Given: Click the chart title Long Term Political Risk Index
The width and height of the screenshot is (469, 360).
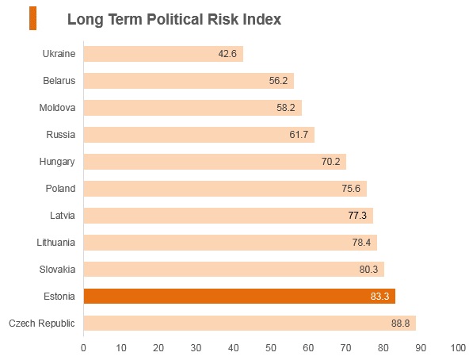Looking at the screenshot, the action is (x=174, y=20).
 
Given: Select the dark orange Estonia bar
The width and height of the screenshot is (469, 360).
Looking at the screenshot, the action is (x=239, y=297).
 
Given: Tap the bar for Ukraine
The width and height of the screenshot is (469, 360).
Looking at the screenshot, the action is (x=163, y=54).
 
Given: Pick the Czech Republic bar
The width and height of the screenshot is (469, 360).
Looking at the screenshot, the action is (x=250, y=324).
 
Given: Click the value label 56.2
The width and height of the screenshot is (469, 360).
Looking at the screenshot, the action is (x=278, y=81).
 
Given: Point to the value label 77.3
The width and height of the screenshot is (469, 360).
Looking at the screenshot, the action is (x=357, y=216).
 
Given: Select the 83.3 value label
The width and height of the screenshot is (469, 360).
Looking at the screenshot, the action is (x=379, y=297).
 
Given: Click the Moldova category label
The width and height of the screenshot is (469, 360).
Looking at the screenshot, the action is (x=57, y=108).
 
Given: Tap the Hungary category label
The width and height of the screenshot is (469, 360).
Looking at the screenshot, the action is (x=57, y=162).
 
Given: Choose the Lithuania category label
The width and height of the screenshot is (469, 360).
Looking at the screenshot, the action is (x=55, y=243).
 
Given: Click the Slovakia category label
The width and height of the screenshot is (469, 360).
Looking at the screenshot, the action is (x=57, y=270).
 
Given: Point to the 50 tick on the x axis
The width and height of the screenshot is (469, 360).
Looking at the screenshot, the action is (x=271, y=348).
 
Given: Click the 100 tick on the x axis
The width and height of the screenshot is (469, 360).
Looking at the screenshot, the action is (x=458, y=348).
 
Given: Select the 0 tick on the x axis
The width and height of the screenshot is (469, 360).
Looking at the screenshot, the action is (x=83, y=348).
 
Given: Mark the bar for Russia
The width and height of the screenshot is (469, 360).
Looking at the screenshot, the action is (x=199, y=135).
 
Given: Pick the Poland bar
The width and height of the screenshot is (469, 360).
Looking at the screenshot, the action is (x=225, y=189).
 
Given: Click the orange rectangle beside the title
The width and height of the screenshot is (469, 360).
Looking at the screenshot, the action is (x=33, y=18).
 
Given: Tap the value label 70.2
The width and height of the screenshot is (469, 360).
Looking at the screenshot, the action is (x=331, y=162).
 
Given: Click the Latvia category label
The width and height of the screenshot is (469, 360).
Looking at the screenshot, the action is (x=63, y=216).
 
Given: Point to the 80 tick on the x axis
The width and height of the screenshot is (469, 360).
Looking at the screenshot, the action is (x=383, y=348).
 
